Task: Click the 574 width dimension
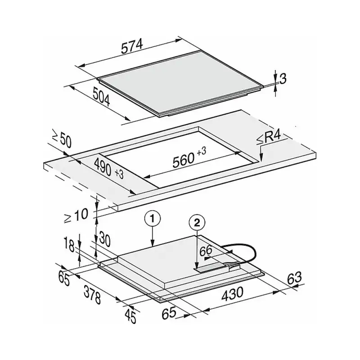[x=132, y=47]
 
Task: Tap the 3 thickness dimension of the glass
[x=283, y=79]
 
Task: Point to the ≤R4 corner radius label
[x=269, y=138]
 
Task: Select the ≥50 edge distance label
[x=62, y=139]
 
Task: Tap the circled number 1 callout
[x=153, y=219]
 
